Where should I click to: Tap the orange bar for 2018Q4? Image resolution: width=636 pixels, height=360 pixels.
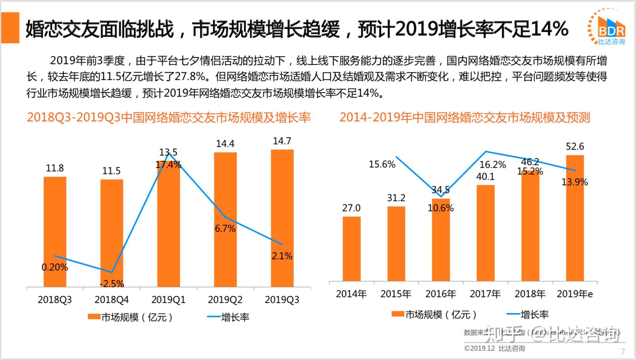pyautogui.click(x=112, y=232)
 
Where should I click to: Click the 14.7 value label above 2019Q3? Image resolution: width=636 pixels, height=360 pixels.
pyautogui.click(x=282, y=141)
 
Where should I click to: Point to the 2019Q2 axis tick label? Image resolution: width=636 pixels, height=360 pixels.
pyautogui.click(x=225, y=300)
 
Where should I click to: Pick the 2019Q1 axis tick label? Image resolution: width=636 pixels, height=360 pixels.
pyautogui.click(x=168, y=300)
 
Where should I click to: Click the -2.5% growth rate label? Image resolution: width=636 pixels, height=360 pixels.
pyautogui.click(x=112, y=284)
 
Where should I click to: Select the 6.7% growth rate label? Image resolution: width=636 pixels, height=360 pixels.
pyautogui.click(x=225, y=228)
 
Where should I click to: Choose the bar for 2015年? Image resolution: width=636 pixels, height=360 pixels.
pyautogui.click(x=396, y=243)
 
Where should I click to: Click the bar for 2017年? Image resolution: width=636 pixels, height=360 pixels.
pyautogui.click(x=486, y=233)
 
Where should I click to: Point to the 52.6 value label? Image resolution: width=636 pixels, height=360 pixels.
pyautogui.click(x=575, y=147)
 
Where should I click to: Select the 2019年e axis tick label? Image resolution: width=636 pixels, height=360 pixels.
pyautogui.click(x=574, y=294)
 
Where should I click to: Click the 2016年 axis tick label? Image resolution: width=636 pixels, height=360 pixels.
pyautogui.click(x=441, y=294)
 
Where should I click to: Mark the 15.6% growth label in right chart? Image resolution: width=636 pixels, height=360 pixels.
pyautogui.click(x=382, y=165)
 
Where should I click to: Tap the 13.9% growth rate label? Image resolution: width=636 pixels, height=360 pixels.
pyautogui.click(x=574, y=182)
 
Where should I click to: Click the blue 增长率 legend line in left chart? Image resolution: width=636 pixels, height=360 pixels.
pyautogui.click(x=214, y=317)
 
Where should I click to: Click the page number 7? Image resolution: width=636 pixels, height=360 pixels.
pyautogui.click(x=623, y=351)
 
